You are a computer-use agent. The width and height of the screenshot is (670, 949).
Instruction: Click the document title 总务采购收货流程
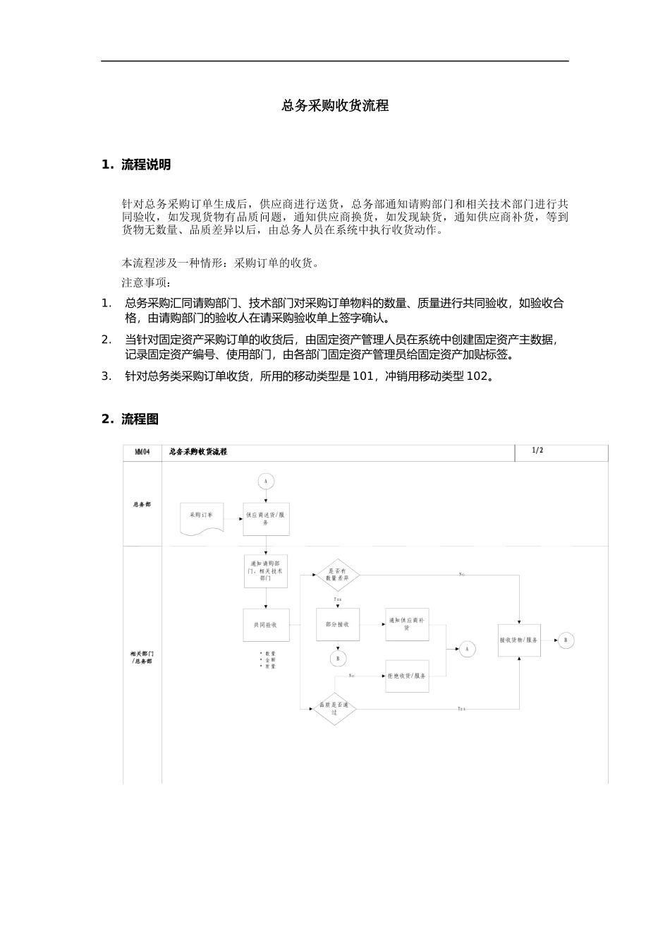(x=335, y=106)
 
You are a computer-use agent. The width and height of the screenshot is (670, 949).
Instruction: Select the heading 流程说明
(x=145, y=165)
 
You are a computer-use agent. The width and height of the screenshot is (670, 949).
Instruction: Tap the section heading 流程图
(x=140, y=419)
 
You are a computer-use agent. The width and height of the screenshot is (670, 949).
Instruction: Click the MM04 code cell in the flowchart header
(x=142, y=451)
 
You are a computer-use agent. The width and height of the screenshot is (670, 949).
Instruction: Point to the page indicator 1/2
(x=537, y=450)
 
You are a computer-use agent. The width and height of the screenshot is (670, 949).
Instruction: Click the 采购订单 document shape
(x=202, y=518)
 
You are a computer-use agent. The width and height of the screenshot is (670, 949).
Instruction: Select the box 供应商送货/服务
(x=266, y=519)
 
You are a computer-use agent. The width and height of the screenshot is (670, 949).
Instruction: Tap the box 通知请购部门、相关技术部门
(x=266, y=571)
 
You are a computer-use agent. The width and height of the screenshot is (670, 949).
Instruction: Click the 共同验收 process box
(x=266, y=625)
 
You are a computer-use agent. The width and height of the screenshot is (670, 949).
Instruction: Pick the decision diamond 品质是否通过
(x=335, y=708)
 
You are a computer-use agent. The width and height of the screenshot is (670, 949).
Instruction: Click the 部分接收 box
(x=338, y=624)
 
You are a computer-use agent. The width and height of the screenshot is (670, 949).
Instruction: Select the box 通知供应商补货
(x=407, y=624)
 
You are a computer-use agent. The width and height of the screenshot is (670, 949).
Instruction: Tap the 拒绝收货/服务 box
(x=407, y=676)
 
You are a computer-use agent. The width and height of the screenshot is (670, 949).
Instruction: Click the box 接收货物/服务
(x=519, y=640)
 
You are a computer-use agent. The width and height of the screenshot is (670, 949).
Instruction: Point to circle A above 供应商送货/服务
(x=266, y=482)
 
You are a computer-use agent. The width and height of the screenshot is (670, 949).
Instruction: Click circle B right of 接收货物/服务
(x=566, y=640)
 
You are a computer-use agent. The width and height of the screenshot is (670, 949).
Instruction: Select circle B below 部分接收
(x=338, y=658)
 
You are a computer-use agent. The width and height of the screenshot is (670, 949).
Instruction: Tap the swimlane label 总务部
(x=142, y=504)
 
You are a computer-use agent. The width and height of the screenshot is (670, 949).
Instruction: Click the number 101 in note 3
(x=363, y=376)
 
